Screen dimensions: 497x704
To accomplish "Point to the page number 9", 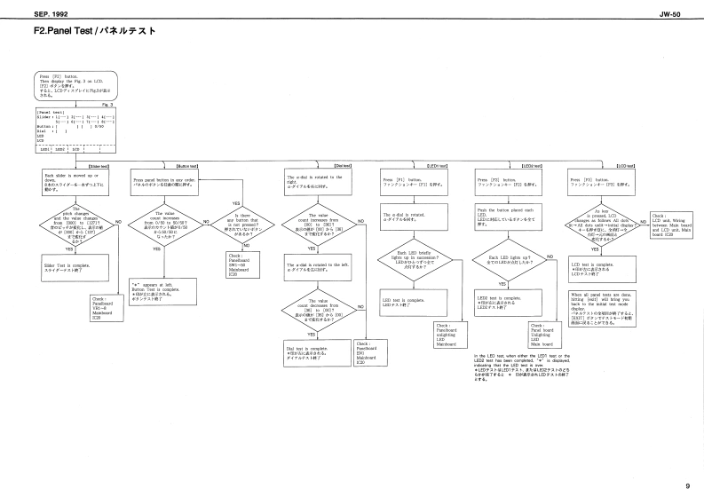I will tap(686, 485).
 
